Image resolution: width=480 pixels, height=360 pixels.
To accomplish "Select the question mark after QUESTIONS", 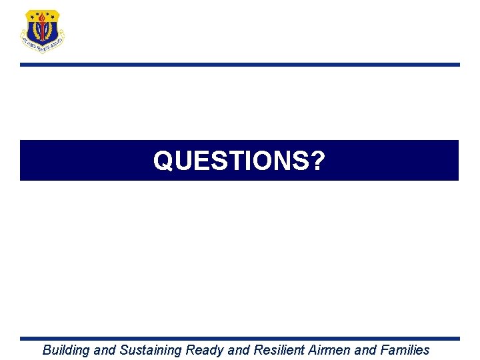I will tap(319, 161).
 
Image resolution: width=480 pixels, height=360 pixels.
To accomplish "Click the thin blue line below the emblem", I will tap(240, 65).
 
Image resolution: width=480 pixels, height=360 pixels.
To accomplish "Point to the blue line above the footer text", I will tap(240, 339).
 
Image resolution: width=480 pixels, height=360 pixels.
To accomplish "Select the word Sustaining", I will tap(151, 350).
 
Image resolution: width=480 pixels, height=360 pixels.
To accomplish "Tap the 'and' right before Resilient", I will tap(240, 350).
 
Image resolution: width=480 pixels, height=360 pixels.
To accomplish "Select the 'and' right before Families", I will tap(367, 350).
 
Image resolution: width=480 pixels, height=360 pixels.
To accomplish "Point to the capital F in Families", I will tap(385, 350).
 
